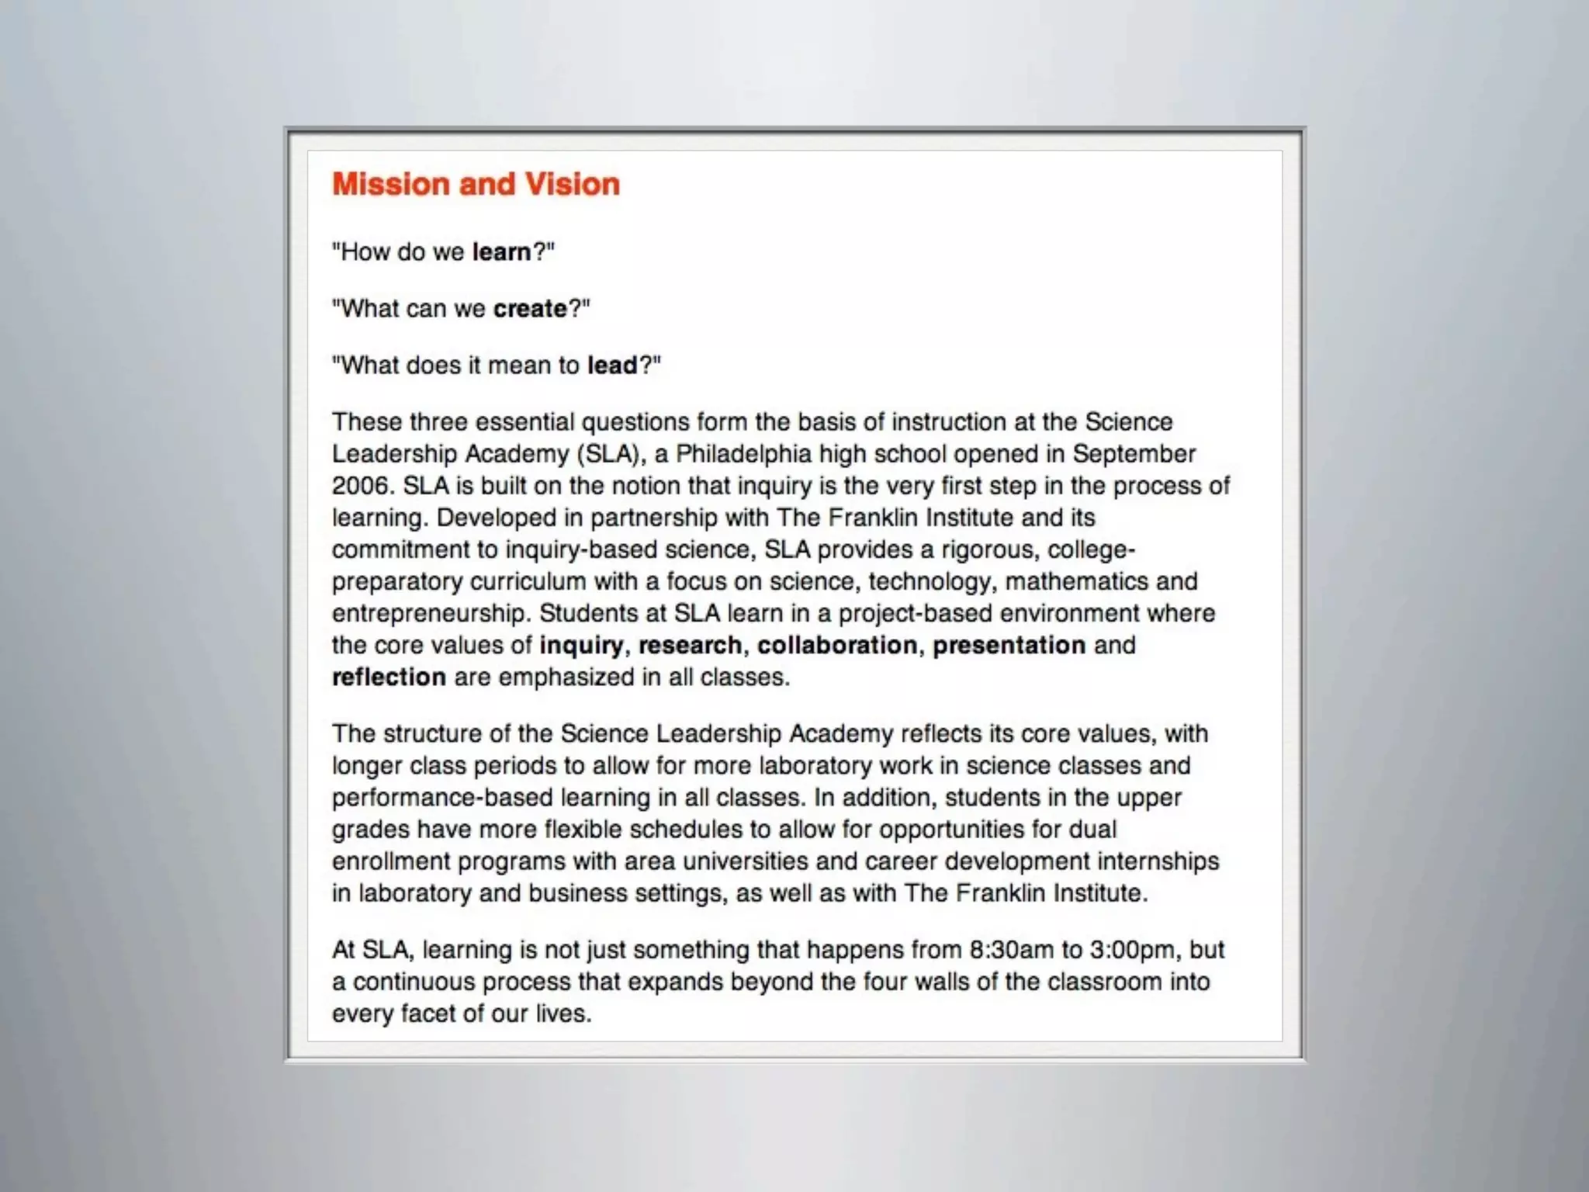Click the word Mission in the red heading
tap(391, 185)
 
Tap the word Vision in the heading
tap(573, 185)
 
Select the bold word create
tap(530, 309)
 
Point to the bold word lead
tap(612, 365)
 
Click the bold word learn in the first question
tap(501, 252)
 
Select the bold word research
tap(690, 646)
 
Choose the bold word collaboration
tap(837, 646)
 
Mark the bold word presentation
tap(1009, 646)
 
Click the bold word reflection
tap(389, 677)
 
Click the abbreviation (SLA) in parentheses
tap(611, 454)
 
